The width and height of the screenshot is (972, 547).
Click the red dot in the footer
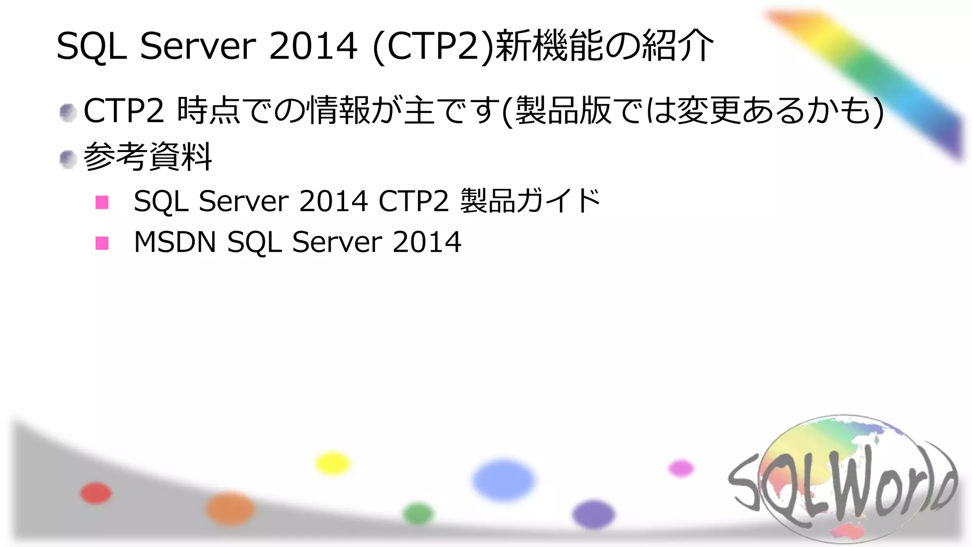click(96, 493)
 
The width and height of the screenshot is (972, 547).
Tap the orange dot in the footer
click(230, 509)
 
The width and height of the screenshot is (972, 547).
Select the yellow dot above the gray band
click(333, 463)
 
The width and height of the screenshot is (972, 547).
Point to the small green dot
click(418, 514)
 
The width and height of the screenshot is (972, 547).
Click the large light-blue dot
click(503, 480)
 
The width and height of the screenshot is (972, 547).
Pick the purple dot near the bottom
click(594, 515)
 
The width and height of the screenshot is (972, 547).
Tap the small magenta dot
click(681, 468)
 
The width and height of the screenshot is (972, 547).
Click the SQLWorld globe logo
click(842, 480)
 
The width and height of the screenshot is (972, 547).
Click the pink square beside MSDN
click(102, 243)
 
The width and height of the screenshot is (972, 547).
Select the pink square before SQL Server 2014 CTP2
click(102, 202)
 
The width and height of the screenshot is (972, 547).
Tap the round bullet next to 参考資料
click(68, 160)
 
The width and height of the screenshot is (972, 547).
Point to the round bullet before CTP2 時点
click(68, 113)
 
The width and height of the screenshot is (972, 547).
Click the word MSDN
click(175, 242)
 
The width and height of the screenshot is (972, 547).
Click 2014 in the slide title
click(313, 46)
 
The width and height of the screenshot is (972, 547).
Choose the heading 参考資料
click(148, 157)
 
